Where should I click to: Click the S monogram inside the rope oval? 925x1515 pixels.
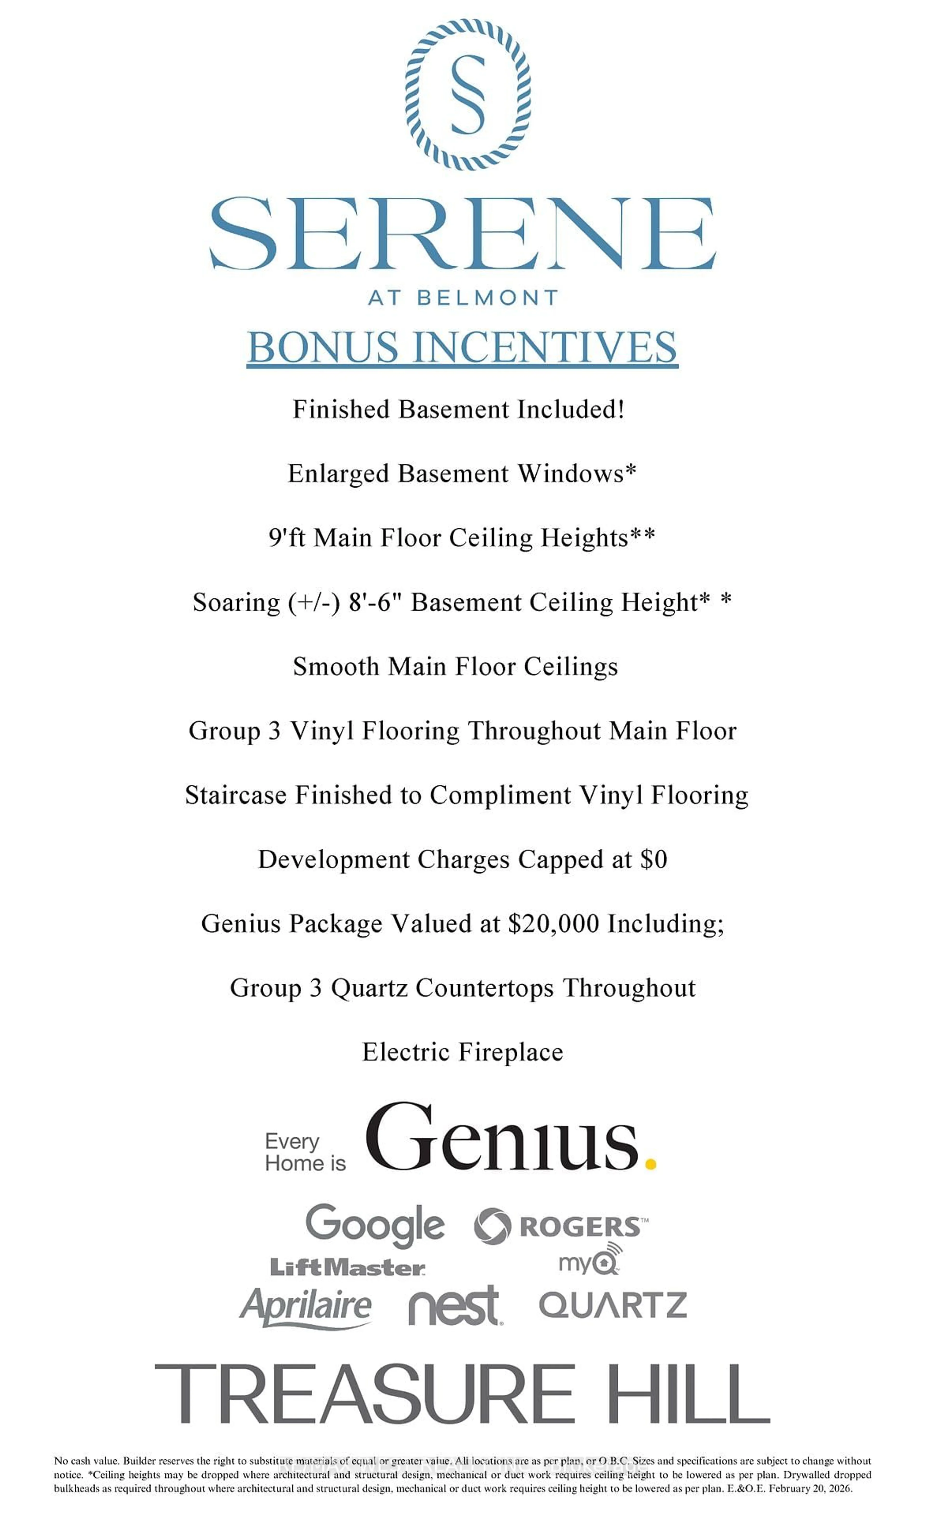tap(467, 94)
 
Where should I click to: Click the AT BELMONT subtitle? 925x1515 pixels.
tap(462, 298)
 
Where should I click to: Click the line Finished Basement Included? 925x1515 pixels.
tap(459, 409)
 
